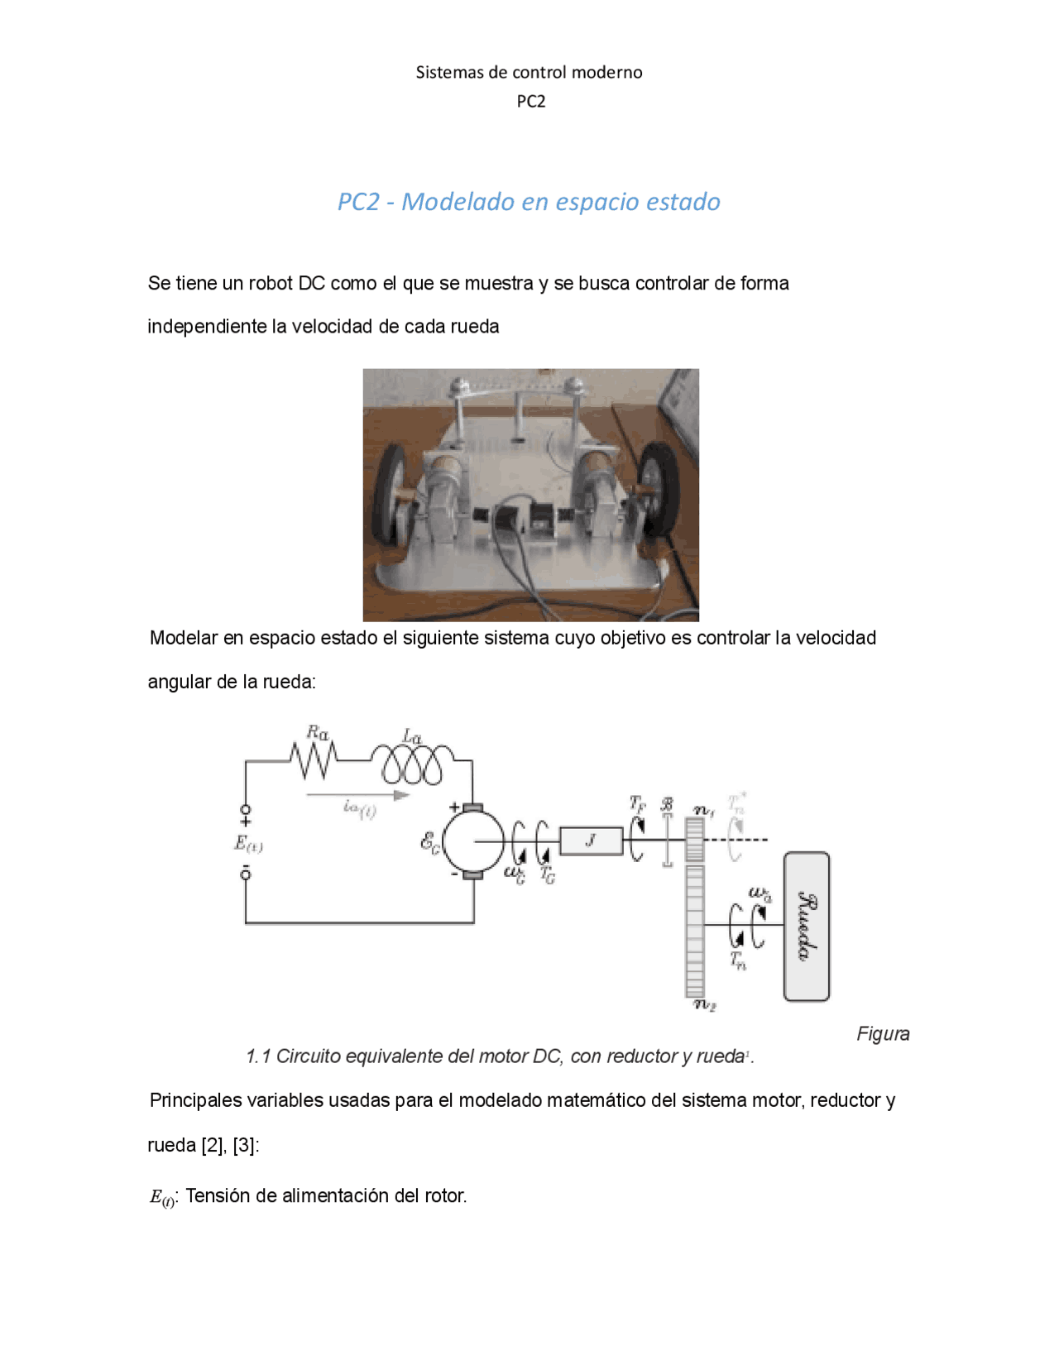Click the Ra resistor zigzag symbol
click(x=313, y=759)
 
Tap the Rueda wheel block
click(x=807, y=926)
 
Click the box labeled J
click(x=591, y=841)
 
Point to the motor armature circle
click(x=473, y=841)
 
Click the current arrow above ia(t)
click(x=357, y=795)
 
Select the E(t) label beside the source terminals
click(x=248, y=844)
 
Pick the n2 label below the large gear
click(x=705, y=1005)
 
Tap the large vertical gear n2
click(x=695, y=931)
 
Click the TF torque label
click(x=637, y=802)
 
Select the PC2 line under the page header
click(x=530, y=101)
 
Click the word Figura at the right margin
click(x=883, y=1034)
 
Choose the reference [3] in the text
click(x=245, y=1146)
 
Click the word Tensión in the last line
click(x=218, y=1196)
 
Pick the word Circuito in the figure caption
click(x=309, y=1056)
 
